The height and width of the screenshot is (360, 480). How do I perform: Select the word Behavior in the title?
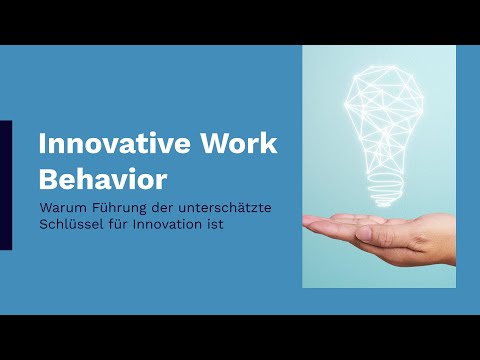(x=102, y=181)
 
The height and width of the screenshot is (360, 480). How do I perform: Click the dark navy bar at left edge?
(x=5, y=185)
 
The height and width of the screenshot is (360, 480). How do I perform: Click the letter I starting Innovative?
(x=42, y=143)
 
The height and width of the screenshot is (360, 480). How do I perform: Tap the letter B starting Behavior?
(x=48, y=181)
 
